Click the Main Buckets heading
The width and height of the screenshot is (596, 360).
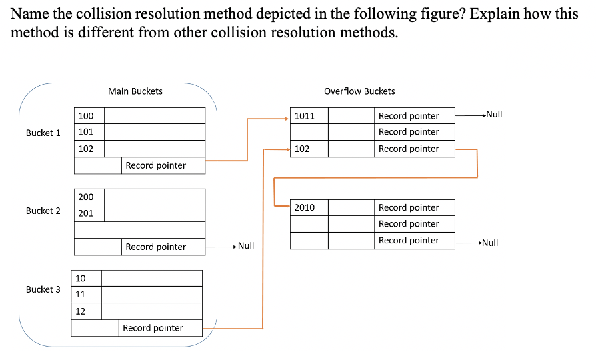click(x=135, y=91)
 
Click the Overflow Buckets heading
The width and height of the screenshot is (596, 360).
click(x=359, y=91)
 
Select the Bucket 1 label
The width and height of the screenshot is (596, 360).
click(x=43, y=133)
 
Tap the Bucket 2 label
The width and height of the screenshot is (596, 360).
click(x=43, y=211)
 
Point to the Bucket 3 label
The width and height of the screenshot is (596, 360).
click(x=43, y=289)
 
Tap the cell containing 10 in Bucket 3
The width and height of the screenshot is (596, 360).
click(x=86, y=278)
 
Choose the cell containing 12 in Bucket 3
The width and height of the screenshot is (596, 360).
click(x=86, y=311)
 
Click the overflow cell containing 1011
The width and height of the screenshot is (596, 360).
click(x=309, y=116)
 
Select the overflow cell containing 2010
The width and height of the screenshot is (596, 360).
click(x=309, y=207)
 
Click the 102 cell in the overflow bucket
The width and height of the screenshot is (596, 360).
click(x=309, y=149)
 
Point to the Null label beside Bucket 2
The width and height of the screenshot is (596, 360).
click(x=246, y=246)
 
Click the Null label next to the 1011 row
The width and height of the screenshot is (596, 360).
click(x=493, y=115)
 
